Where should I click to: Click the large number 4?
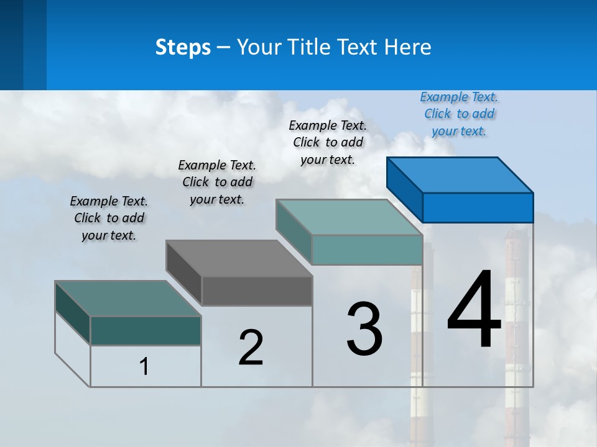point(474,310)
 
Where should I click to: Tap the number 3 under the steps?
point(364,329)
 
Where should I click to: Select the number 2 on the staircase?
point(251,348)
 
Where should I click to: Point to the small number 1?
point(144,367)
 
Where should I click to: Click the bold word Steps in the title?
point(183,47)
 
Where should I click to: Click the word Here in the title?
point(407,47)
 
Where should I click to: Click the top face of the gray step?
point(239,258)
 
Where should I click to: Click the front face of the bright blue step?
point(478,207)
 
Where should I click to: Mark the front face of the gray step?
point(257,291)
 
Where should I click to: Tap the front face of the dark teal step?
point(146,331)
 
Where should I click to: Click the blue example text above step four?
point(459,114)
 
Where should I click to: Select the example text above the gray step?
point(217,182)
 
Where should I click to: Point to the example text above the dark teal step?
point(109,218)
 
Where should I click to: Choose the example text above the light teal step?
point(328,142)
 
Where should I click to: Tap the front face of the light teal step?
point(367,250)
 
